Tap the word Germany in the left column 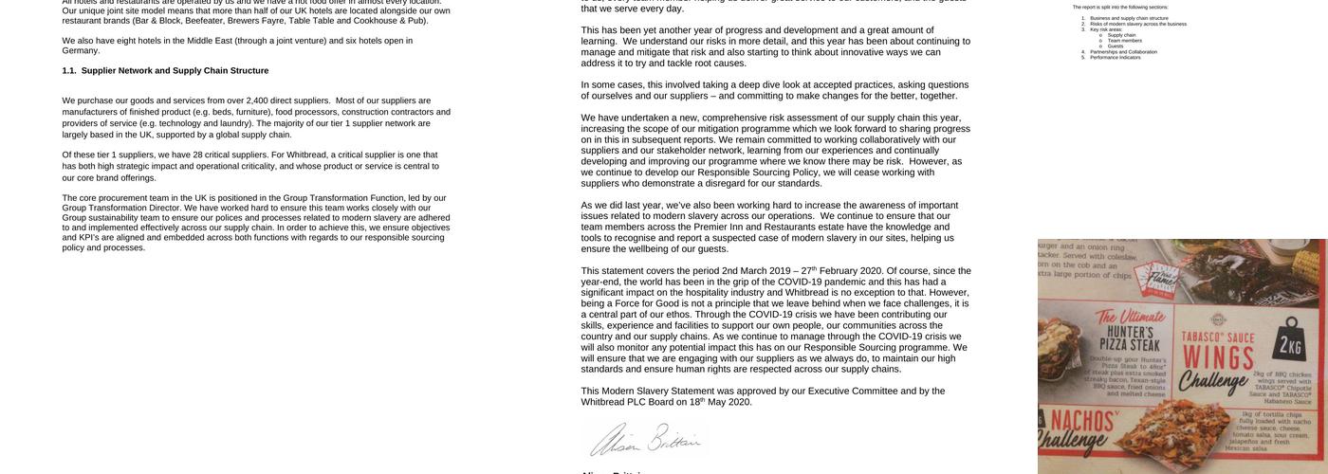pos(81,51)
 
